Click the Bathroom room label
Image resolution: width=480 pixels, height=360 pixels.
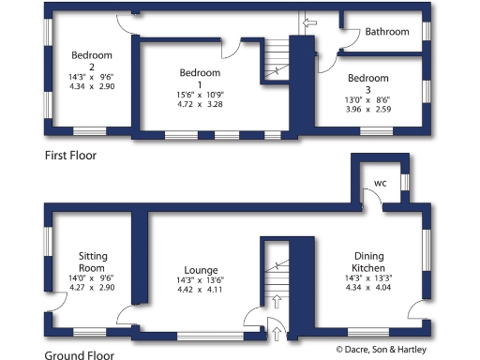coord(387,32)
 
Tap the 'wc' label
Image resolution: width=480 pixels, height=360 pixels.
coord(381,182)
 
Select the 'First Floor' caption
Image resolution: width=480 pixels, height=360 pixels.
coord(70,155)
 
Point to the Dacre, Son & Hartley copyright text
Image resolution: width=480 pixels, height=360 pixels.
coord(381,349)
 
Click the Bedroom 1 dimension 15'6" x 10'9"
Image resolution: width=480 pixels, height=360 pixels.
coord(201,94)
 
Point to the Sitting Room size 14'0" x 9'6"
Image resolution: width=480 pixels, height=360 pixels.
coord(91,277)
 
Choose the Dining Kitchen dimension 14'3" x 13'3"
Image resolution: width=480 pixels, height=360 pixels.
coord(368,278)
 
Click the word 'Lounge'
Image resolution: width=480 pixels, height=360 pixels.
coord(200,267)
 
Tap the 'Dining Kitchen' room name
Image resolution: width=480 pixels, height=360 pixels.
coord(368,262)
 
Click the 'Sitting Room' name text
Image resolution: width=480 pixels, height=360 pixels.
coord(91,260)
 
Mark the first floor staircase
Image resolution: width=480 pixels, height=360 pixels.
coord(275,66)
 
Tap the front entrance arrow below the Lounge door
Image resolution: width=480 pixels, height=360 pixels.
coord(276,326)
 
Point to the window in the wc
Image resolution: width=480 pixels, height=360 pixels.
coord(405,182)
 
